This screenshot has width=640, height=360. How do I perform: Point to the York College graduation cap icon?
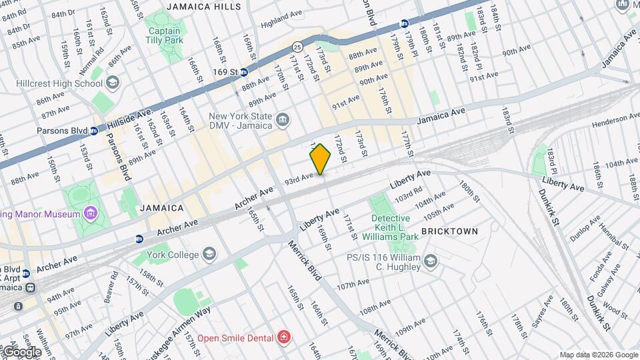click(209, 255)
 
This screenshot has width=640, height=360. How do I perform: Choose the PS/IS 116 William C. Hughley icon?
click(430, 261)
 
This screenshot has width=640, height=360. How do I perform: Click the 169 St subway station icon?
click(244, 71)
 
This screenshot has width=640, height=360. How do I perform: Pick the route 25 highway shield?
click(297, 46)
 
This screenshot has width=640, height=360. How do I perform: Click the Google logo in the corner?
click(21, 351)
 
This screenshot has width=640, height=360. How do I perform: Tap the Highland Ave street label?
click(277, 23)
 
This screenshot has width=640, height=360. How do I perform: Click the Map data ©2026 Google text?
click(598, 355)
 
